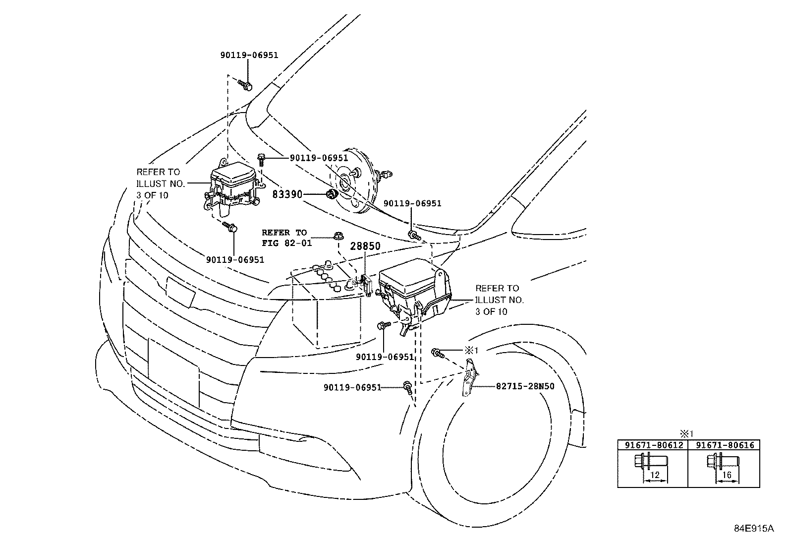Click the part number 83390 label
click(287, 195)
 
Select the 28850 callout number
click(366, 246)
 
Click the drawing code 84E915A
click(753, 528)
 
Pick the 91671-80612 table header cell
click(653, 445)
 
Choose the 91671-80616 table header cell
click(725, 445)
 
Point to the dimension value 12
click(655, 475)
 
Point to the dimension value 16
click(727, 475)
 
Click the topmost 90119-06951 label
click(249, 55)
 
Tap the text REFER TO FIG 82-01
click(284, 238)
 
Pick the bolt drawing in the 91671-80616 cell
click(722, 462)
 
